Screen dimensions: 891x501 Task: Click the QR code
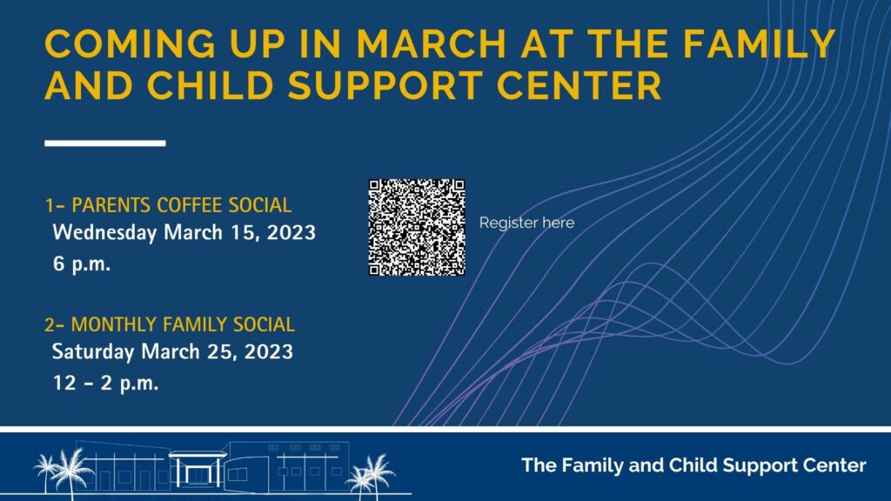[x=417, y=227]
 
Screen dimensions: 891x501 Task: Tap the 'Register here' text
[x=526, y=223]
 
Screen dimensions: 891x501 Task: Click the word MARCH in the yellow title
[x=431, y=43]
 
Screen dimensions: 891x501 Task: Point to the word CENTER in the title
[x=579, y=85]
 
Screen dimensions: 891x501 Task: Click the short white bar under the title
[x=105, y=144]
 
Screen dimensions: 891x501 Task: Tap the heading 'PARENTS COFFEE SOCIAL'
[x=181, y=205]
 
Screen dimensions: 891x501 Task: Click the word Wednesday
[x=104, y=233]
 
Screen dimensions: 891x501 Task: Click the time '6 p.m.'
[x=82, y=264]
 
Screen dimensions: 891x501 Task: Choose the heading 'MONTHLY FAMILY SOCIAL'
[x=183, y=324]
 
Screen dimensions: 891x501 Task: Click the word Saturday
[x=93, y=351]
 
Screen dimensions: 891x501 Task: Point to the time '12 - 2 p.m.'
[x=105, y=383]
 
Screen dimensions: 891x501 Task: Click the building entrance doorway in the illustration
[x=198, y=471]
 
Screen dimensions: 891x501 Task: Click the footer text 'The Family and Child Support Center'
[x=693, y=465]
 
